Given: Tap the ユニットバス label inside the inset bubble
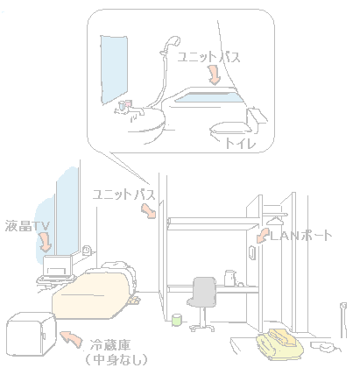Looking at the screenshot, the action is [208, 57].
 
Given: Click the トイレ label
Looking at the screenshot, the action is [240, 143].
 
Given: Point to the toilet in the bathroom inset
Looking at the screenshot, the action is [238, 124].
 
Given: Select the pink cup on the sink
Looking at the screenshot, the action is [129, 103].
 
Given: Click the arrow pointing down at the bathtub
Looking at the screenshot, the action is [214, 74].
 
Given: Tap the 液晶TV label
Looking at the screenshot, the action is [27, 226].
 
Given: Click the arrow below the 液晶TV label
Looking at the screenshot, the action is [46, 242].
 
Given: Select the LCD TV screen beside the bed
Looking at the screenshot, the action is [57, 266].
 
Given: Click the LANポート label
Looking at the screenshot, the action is [300, 235].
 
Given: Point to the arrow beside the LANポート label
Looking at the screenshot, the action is [263, 236].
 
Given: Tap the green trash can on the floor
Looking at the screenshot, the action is [177, 320].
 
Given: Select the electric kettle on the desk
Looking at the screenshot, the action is [230, 278].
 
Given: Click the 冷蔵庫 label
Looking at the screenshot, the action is [109, 345].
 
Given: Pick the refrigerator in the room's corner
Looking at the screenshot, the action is [32, 334].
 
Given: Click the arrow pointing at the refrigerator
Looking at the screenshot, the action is [71, 339].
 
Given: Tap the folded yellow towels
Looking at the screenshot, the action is [279, 344].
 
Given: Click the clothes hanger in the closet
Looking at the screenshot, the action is [275, 221].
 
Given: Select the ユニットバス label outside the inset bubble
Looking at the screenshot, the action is [124, 195].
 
